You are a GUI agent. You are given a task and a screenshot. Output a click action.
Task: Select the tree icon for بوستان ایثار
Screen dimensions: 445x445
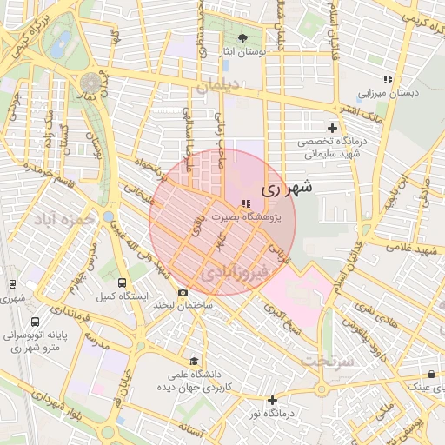(242, 38)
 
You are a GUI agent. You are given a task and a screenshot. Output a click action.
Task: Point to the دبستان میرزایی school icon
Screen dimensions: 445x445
(388, 78)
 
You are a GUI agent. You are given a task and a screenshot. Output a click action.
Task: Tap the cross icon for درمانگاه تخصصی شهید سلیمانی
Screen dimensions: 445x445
(333, 128)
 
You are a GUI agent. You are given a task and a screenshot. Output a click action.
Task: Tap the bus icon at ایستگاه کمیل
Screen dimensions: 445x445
(121, 282)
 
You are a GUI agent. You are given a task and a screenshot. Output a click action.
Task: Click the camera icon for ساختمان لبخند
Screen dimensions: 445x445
(183, 292)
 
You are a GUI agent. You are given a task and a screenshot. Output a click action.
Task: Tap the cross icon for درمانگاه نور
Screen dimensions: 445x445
(273, 401)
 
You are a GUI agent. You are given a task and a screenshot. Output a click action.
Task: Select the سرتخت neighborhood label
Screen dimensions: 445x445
(327, 359)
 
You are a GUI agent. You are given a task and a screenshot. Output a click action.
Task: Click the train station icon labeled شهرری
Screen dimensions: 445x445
(12, 284)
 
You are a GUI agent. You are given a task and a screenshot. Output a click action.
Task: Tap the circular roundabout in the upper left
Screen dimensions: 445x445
(90, 83)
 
